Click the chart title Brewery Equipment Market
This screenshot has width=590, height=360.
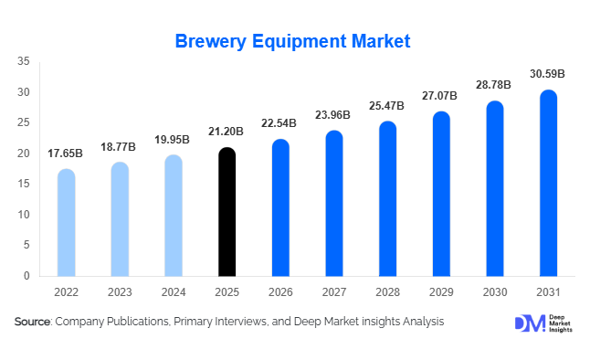pos(293,41)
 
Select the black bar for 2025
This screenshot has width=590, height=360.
pos(227,212)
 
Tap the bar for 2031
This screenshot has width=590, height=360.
pos(548,183)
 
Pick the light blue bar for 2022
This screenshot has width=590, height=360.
pos(67,223)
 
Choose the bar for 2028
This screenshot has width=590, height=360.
pos(388,198)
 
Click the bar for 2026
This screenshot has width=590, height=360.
pos(280,207)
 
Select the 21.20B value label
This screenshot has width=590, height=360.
pos(227,132)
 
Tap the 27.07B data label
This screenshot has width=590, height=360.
pos(441,96)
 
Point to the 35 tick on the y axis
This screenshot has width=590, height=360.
pos(25,61)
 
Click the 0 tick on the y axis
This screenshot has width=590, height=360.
pos(27,276)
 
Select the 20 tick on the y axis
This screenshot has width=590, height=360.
pos(25,154)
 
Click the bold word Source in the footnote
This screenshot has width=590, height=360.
pos(33,322)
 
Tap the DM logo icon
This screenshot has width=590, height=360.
pos(529,323)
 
